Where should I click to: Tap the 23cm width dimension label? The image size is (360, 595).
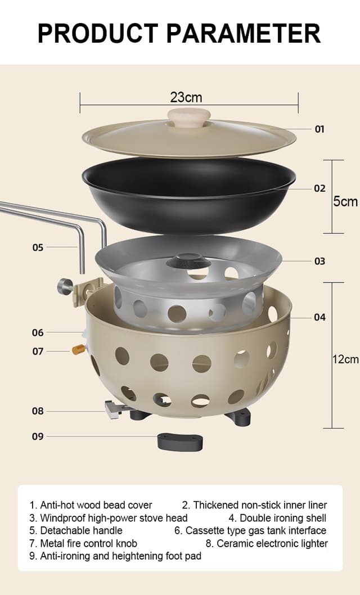[x=186, y=97]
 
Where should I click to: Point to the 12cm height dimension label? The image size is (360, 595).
[x=345, y=359]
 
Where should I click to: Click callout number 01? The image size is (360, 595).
[x=319, y=129]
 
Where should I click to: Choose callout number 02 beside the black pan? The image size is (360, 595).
[x=319, y=188]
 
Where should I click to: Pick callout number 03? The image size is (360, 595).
[x=319, y=261]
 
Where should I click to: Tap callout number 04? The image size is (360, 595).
[x=319, y=317]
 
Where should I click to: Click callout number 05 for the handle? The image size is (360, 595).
[x=38, y=247]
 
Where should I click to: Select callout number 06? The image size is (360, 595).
[x=38, y=332]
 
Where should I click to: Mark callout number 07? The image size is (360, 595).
[x=38, y=351]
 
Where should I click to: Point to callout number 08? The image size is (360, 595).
[x=38, y=411]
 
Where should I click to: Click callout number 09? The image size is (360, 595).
[x=38, y=436]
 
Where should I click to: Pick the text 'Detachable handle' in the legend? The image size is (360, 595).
[x=81, y=530]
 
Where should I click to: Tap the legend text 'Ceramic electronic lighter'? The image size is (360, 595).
[x=272, y=543]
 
